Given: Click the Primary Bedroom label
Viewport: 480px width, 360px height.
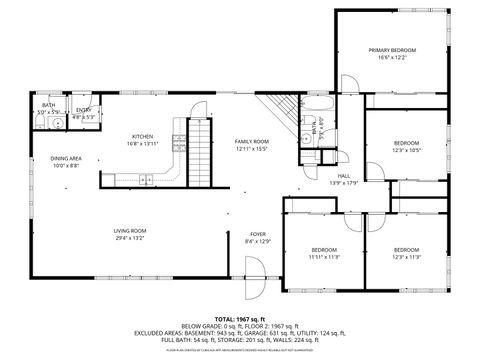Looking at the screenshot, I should coord(391,50).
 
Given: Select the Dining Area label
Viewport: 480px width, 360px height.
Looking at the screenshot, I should coord(67,159).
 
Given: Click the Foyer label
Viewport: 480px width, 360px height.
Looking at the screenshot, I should coord(258,235).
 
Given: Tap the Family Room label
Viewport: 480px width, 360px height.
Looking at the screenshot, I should coord(252,142).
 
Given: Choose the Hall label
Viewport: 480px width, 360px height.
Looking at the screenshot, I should coord(343,176).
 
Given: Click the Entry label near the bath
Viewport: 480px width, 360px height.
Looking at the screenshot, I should coord(84,110).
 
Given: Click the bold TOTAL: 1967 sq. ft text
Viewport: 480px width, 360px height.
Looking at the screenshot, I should coord(239,318).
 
